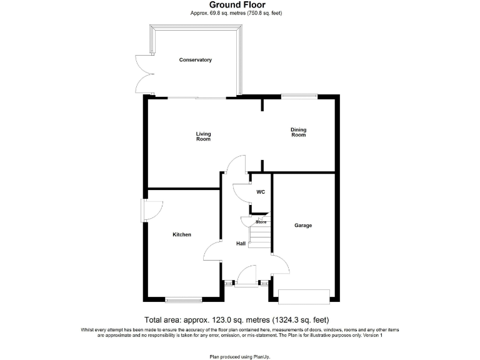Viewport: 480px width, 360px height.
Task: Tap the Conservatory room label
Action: tap(196, 60)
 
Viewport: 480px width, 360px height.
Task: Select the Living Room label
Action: tap(204, 136)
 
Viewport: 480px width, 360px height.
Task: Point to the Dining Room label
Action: tap(298, 132)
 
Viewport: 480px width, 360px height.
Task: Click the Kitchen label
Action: tap(182, 235)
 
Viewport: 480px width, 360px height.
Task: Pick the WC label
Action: tap(261, 192)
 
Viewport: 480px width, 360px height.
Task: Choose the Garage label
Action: tap(303, 226)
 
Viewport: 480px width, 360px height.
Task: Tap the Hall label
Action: tap(241, 244)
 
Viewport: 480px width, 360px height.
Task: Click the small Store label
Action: tap(261, 222)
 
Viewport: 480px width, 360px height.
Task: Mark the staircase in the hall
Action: tap(259, 236)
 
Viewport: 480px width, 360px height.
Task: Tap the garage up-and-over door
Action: tap(304, 296)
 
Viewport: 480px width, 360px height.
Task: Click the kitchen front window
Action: tap(184, 299)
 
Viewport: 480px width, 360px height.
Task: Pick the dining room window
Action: tap(299, 96)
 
